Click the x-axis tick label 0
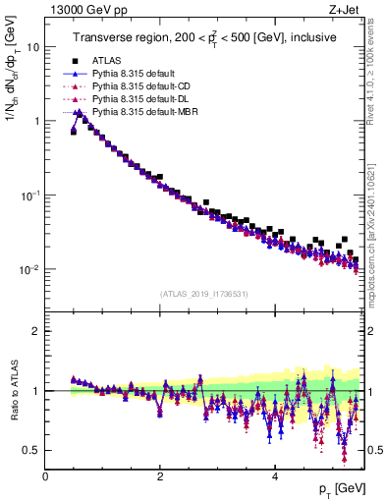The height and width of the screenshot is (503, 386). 45,476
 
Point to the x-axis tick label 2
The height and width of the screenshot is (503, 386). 160,476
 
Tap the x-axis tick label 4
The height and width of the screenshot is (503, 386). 275,476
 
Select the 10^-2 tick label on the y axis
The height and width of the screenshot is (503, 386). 29,269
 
